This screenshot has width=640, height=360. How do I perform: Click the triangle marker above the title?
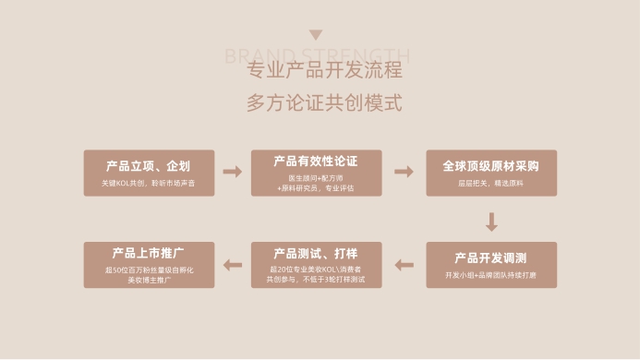316,35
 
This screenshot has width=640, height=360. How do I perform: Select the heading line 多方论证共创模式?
323,102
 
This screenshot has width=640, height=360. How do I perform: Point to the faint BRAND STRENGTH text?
317,54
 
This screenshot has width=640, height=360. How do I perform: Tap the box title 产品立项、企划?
149,166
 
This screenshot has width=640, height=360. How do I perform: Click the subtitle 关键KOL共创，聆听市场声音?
149,184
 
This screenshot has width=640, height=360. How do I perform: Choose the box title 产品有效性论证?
316,162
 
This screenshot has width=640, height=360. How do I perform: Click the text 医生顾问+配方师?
316,176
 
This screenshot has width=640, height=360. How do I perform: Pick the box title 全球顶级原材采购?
490,166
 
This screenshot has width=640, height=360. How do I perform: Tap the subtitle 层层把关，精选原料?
490,184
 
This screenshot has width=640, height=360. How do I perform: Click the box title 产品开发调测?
490,258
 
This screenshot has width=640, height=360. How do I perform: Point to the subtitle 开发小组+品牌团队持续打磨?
490,275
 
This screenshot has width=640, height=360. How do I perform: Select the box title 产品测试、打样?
316,253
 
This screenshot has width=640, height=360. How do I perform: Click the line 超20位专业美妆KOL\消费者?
316,269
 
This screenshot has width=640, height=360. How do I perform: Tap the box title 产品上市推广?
149,252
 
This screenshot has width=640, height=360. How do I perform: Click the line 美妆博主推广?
149,279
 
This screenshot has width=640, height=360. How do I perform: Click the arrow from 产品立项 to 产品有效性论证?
233,172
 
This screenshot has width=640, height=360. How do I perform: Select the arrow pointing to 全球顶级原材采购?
404,172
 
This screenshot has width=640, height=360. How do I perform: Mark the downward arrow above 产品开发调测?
491,222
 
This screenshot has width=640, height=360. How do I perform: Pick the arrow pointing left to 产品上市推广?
233,265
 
